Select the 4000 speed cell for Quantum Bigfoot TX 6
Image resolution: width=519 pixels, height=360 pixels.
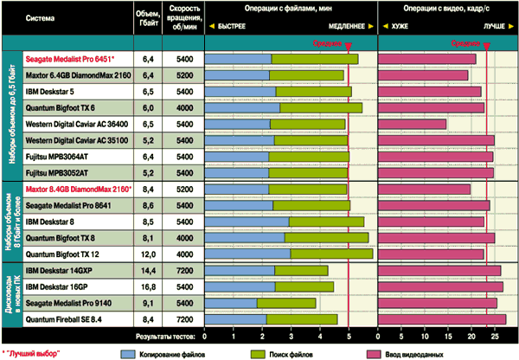(x=183, y=107)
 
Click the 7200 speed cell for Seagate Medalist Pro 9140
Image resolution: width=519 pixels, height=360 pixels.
(x=183, y=302)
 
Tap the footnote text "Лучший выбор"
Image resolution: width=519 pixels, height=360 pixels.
(x=30, y=353)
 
